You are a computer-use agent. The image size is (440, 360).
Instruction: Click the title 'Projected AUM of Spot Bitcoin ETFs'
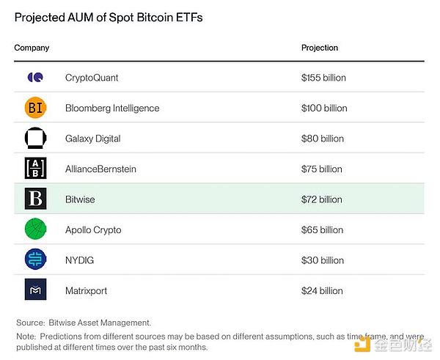coord(109,17)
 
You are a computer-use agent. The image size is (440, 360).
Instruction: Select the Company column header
coord(32,48)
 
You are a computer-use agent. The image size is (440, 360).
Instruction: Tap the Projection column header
coord(320,48)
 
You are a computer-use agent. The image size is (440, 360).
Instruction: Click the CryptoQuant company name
coord(92,78)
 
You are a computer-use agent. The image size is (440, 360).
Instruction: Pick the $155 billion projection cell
coord(323,78)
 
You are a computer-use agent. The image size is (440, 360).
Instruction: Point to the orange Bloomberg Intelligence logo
coord(35,108)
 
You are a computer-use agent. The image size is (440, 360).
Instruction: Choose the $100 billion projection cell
coord(323,108)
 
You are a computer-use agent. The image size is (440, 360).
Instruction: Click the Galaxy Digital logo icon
coord(35,139)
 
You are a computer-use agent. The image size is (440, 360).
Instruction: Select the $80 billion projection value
coord(322,139)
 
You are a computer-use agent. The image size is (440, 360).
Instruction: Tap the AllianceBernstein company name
coord(100,169)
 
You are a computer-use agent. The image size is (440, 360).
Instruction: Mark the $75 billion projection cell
coord(321,169)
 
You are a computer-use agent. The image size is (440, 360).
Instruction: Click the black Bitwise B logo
coord(35,199)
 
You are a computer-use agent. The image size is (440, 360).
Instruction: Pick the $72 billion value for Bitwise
coord(321,199)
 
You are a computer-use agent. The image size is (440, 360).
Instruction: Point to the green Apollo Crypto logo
coord(35,229)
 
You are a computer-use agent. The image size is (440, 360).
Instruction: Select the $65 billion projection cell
coord(322,230)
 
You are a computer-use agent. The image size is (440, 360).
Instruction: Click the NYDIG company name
coord(79,260)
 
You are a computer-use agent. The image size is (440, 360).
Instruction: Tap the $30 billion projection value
coord(322,260)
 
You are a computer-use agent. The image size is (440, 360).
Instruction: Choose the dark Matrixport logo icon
coord(35,290)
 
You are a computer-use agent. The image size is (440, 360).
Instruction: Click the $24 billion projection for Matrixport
coord(322,291)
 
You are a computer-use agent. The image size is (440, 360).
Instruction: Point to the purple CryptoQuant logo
coord(35,77)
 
